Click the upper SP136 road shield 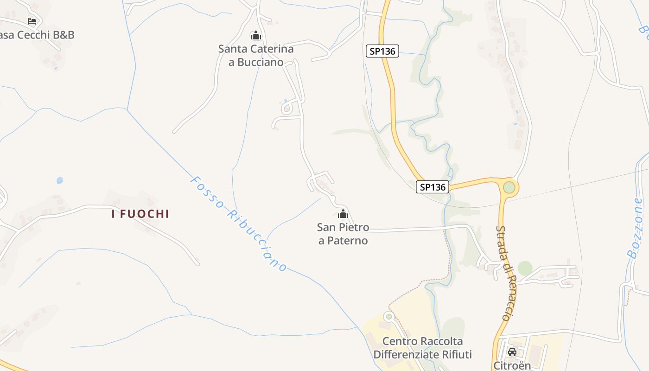pos(382,51)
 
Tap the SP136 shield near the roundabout pos(433,187)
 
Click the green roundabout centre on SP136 pos(509,187)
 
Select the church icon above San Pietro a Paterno pos(343,214)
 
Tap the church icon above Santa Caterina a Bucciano pos(255,35)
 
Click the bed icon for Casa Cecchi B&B pos(32,21)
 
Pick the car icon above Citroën pos(512,352)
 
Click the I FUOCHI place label pos(140,214)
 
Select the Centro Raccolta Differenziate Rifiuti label pos(422,348)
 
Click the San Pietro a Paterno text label pos(343,234)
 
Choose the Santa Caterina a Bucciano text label pos(256,55)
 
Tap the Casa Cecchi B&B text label pos(37,35)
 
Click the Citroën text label pos(512,365)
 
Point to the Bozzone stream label pos(635,227)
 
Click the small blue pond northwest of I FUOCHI pos(59,180)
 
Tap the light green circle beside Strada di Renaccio pos(525,268)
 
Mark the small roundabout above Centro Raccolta pos(388,316)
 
